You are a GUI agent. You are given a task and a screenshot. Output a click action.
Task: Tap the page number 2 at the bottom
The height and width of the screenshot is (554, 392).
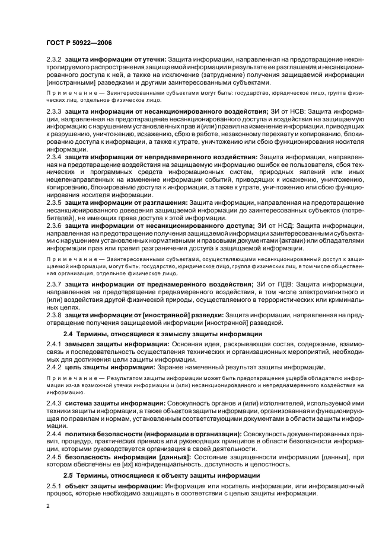tap(49, 507)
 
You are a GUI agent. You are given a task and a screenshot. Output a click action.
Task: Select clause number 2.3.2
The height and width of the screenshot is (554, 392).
tap(55, 60)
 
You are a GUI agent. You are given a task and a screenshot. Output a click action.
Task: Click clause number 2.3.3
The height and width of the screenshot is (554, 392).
tap(55, 111)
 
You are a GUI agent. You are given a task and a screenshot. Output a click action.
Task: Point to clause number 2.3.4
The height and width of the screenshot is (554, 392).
tap(55, 156)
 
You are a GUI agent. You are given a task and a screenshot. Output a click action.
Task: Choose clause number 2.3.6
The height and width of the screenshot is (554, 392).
tap(55, 226)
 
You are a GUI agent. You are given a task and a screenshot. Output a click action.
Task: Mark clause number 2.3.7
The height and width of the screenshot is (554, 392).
tap(55, 285)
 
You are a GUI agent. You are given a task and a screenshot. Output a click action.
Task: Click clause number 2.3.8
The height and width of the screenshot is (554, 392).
tap(55, 315)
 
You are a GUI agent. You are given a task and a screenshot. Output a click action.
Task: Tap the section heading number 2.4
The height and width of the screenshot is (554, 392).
tap(69, 334)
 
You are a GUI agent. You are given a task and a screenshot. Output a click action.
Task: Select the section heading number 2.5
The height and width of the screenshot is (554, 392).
tap(69, 475)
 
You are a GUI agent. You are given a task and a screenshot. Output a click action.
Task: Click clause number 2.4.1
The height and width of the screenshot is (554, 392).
tap(55, 344)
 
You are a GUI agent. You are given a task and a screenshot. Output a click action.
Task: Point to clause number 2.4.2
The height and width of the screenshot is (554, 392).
tap(55, 367)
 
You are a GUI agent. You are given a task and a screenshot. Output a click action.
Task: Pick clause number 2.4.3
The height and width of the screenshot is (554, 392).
tap(55, 403)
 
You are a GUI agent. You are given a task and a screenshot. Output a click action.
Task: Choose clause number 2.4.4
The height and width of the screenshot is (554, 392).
tap(55, 434)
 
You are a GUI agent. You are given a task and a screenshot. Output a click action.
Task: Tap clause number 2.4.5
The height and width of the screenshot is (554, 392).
tap(55, 457)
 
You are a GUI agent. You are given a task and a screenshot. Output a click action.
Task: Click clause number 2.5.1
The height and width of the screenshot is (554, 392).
tap(55, 486)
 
